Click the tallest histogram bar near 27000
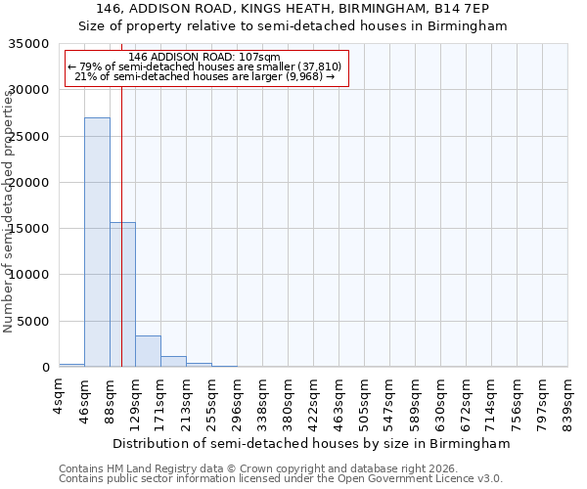[97, 243]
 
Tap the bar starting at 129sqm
[148, 351]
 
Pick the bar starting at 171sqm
[173, 361]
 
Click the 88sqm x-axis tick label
[111, 397]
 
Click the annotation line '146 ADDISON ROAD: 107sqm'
[204, 57]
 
